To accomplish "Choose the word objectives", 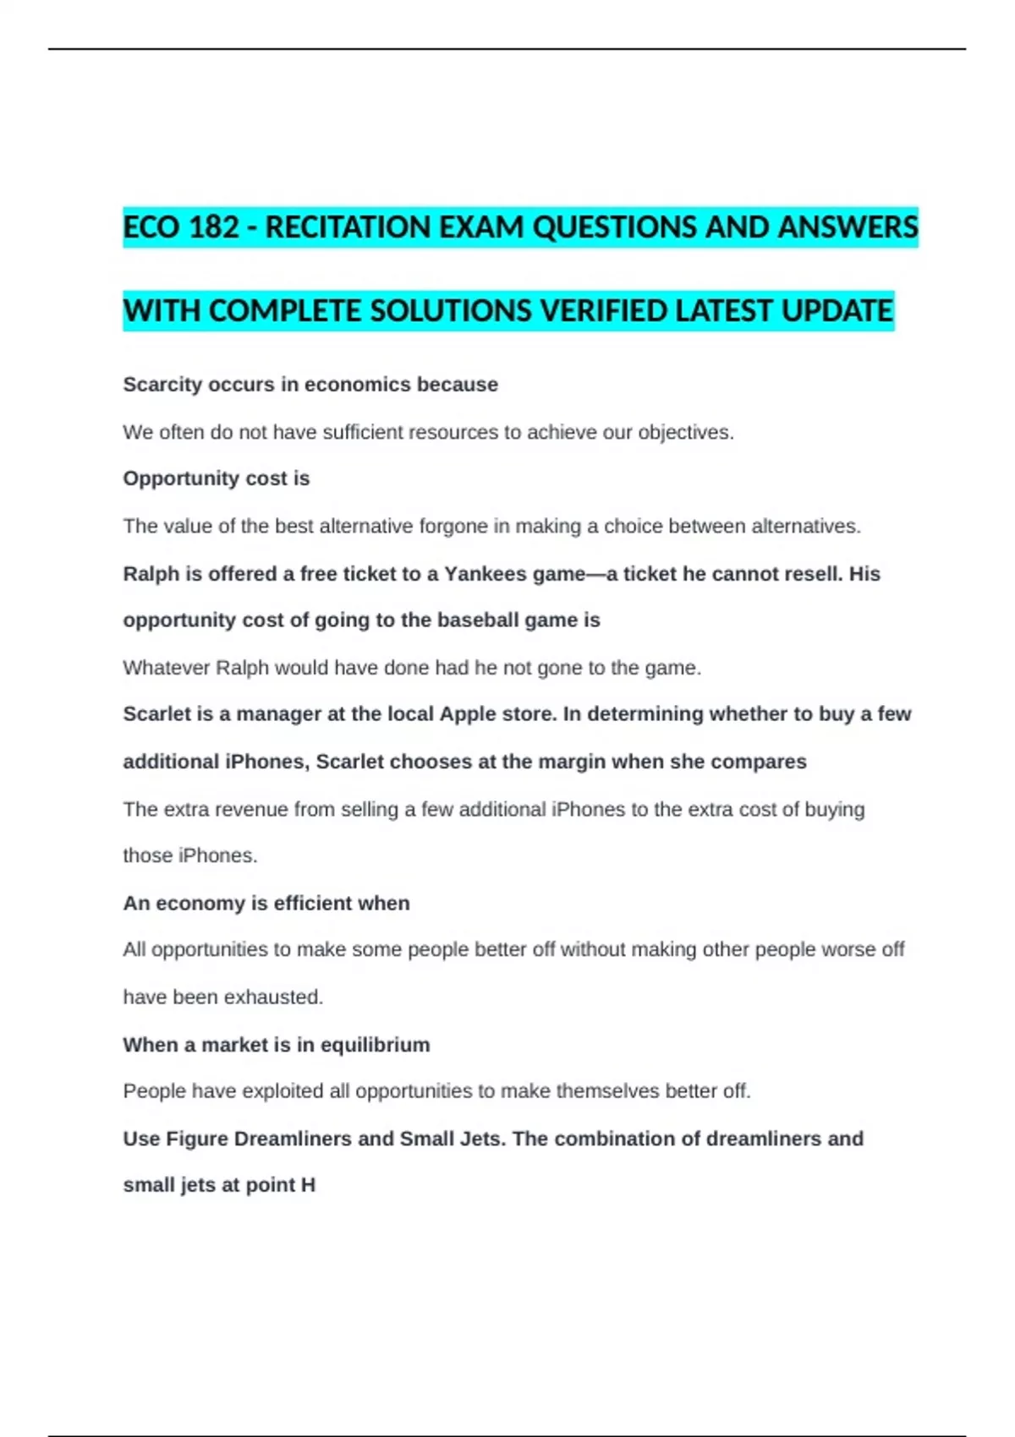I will tap(685, 432).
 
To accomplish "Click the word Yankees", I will tap(485, 574).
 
